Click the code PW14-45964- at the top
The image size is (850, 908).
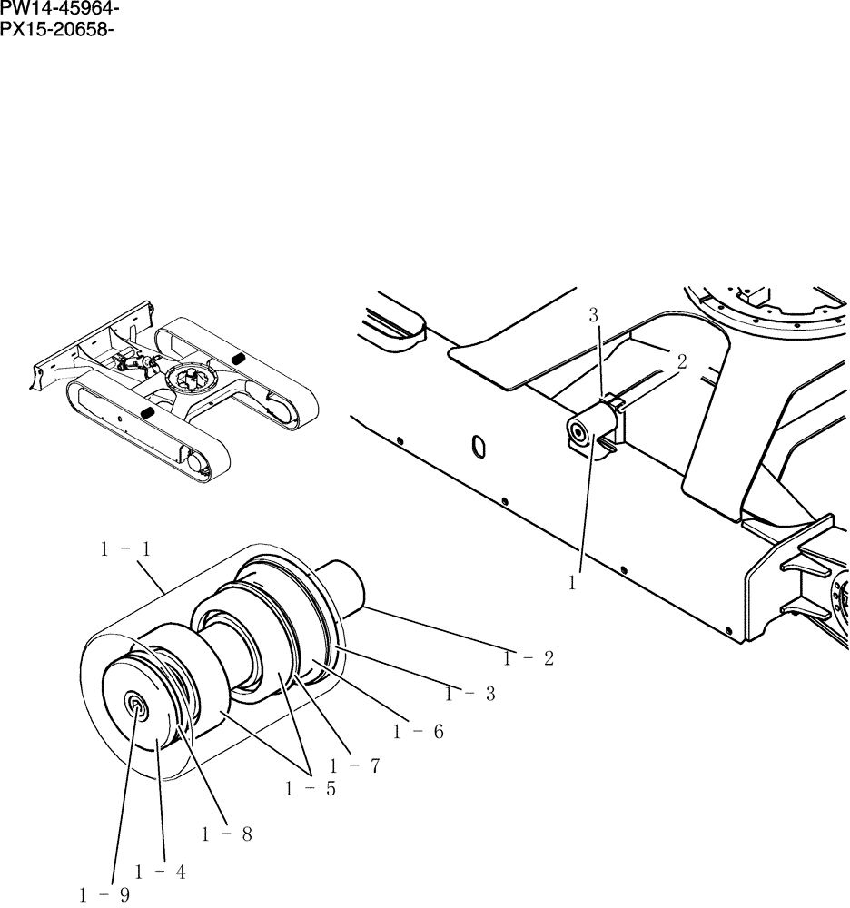click(x=60, y=10)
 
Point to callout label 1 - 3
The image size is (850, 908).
click(x=469, y=695)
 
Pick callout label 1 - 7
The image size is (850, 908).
click(x=104, y=895)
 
